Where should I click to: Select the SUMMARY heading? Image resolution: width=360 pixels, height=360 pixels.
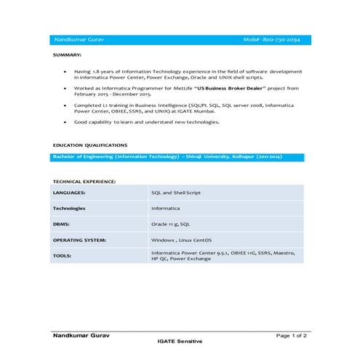68,55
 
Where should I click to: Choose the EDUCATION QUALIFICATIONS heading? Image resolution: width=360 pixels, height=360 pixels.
90,145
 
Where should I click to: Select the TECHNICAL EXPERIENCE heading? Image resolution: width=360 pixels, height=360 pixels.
84,180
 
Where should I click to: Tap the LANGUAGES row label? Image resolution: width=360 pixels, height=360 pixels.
69,193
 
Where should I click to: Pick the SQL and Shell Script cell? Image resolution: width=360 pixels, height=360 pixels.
175,193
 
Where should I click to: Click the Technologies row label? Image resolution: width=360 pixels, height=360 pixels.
69,209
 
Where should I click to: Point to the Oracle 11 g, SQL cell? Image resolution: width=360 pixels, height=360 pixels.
170,224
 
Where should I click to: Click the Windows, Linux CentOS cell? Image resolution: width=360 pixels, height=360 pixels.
181,239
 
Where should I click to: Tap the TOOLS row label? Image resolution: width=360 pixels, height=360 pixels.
62,255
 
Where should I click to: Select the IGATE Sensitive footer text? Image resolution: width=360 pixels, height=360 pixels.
180,341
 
